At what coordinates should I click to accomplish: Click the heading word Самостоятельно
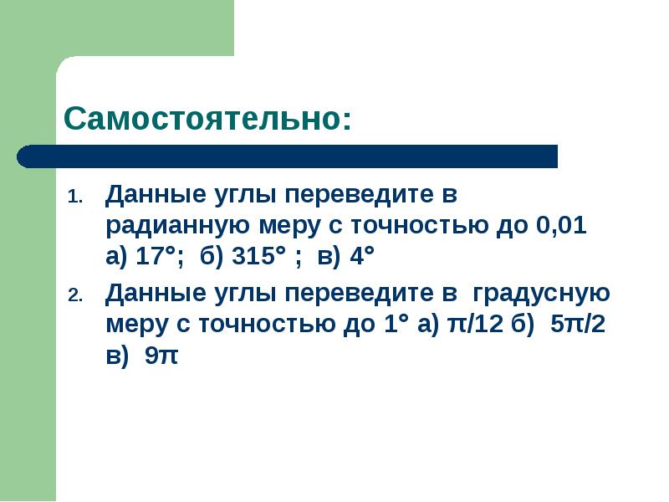click(207, 118)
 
